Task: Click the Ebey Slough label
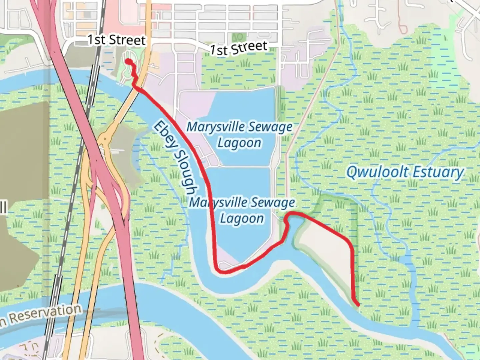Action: click(174, 158)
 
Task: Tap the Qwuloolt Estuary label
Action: click(405, 172)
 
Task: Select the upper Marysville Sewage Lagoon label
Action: click(239, 135)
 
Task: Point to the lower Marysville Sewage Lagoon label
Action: click(242, 210)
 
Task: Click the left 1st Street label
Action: click(116, 40)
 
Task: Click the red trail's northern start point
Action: click(127, 61)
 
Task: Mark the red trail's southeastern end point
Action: click(358, 304)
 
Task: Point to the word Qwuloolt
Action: click(377, 172)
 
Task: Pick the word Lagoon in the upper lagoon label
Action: click(239, 143)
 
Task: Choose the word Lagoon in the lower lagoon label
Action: click(242, 219)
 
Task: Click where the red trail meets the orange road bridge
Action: click(137, 88)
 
